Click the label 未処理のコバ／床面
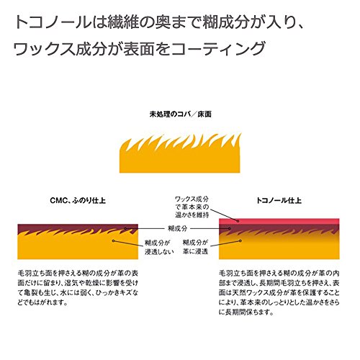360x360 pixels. point(181,114)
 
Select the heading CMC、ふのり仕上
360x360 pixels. point(78,200)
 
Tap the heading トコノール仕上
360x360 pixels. point(279,200)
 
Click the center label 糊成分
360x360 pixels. point(177,228)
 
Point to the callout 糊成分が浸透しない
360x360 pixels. point(159,247)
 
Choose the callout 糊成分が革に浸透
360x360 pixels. point(195,247)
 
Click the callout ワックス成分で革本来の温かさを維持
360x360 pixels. point(192,207)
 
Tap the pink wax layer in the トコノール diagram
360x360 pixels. point(279,221)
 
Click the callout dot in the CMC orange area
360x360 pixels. point(114,240)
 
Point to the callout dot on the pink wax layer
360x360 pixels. point(238,221)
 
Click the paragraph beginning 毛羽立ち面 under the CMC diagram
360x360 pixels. point(78,288)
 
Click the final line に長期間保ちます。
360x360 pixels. point(246,312)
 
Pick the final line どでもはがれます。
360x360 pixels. point(42,302)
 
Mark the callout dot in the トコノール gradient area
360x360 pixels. point(240,240)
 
